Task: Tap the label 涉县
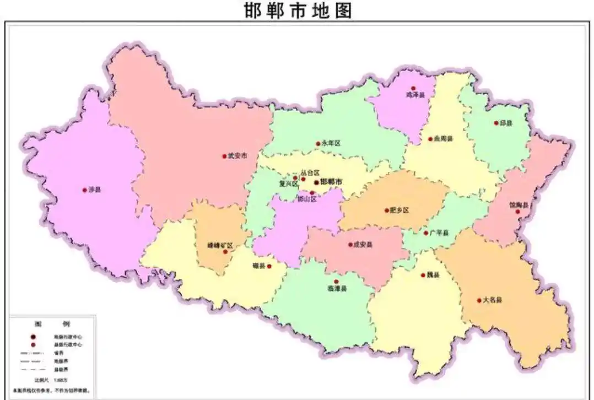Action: (x=95, y=190)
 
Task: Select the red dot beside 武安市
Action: (x=224, y=156)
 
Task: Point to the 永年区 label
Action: (x=331, y=143)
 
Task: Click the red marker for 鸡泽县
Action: (x=413, y=88)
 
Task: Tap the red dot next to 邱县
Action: (x=496, y=123)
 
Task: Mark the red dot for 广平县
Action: (x=425, y=233)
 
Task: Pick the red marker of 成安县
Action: (x=350, y=244)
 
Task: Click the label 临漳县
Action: (x=337, y=289)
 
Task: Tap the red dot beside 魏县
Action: (x=423, y=275)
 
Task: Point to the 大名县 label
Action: (x=492, y=300)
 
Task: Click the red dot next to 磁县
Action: (x=269, y=266)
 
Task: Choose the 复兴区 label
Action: (x=288, y=184)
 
